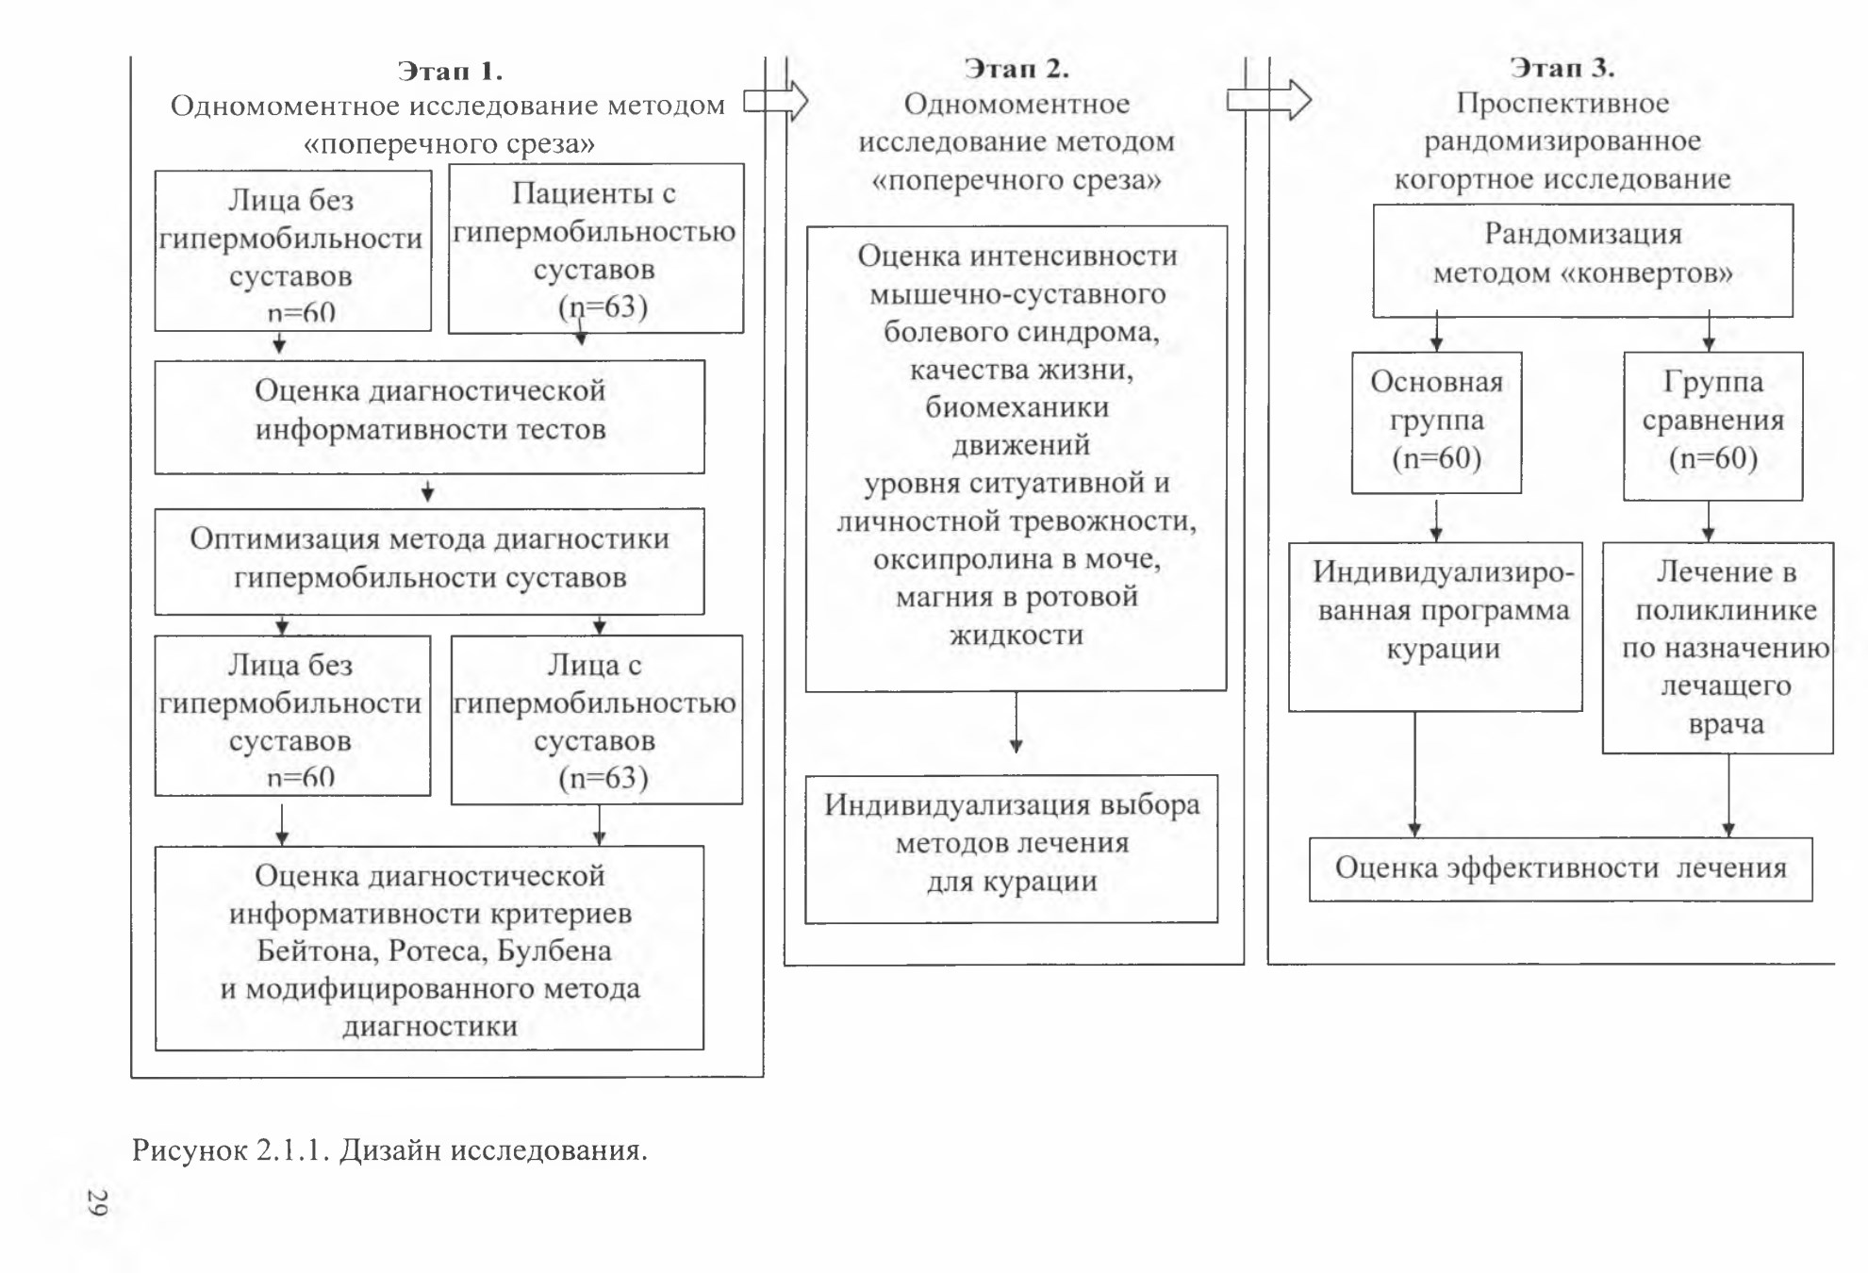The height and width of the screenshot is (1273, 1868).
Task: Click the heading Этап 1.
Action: click(x=450, y=72)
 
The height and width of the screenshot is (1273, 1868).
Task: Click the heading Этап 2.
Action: click(x=1017, y=69)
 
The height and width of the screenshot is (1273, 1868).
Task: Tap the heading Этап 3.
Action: click(x=1562, y=68)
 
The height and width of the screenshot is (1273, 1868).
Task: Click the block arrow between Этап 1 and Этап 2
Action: click(x=775, y=101)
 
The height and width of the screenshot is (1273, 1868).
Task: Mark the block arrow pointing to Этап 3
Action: click(x=1269, y=99)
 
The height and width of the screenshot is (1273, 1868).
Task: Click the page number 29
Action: click(x=97, y=1202)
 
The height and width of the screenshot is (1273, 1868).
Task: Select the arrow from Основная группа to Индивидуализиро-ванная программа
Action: click(x=1436, y=518)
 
